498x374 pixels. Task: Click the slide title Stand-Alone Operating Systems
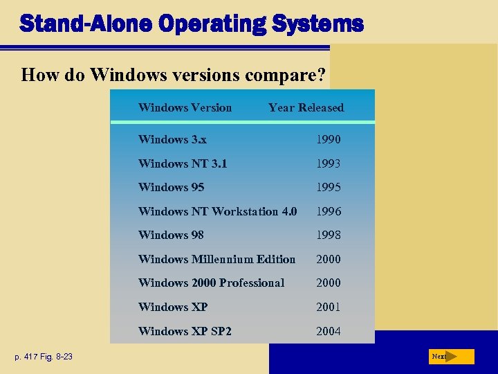click(191, 24)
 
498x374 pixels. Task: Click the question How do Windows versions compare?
click(175, 74)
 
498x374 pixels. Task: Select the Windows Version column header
click(185, 107)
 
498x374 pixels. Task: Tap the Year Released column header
click(306, 107)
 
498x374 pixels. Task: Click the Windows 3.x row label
click(172, 139)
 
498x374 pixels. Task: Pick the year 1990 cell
click(329, 139)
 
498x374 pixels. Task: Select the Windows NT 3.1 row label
click(183, 163)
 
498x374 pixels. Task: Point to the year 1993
click(329, 163)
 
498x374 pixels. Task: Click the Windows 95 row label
click(171, 187)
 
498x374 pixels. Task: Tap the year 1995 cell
click(329, 187)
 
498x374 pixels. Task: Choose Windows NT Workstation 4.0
click(217, 211)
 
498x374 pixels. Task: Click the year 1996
click(329, 211)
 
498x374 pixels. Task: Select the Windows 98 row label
click(171, 235)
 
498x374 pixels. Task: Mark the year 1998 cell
click(329, 235)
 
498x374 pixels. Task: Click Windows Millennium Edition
click(216, 259)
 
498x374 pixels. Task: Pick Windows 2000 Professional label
click(211, 283)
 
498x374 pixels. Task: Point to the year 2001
click(329, 307)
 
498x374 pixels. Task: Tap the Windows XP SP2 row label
click(185, 331)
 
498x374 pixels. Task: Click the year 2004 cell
click(329, 331)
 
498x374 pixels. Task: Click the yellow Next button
click(450, 357)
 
